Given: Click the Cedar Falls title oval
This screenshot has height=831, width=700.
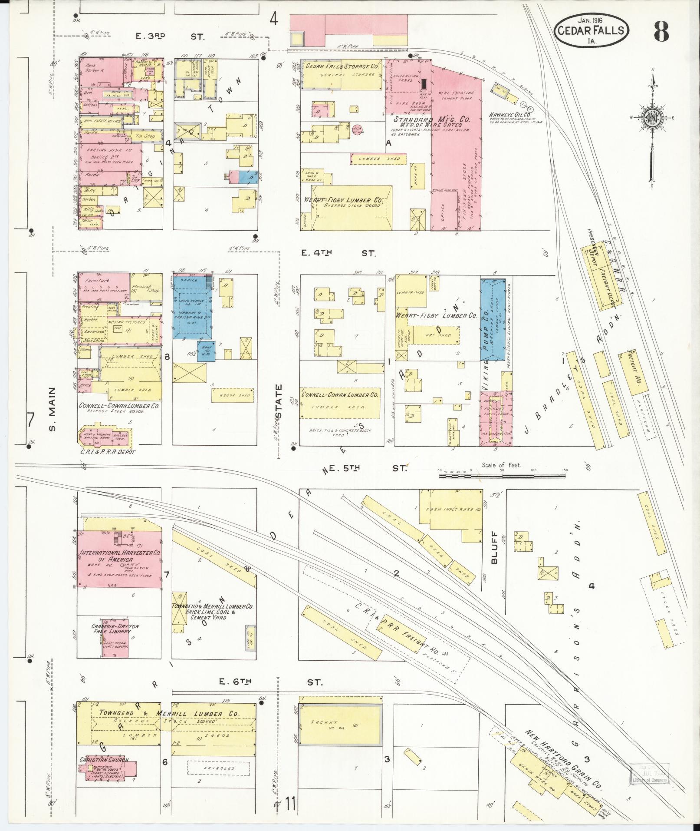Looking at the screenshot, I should click(x=592, y=30).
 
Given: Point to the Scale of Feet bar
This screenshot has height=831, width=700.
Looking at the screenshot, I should click(x=502, y=476).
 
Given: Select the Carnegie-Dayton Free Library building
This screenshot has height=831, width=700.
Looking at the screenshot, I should click(x=115, y=638).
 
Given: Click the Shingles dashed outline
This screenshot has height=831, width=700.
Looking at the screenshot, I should click(x=219, y=768).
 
